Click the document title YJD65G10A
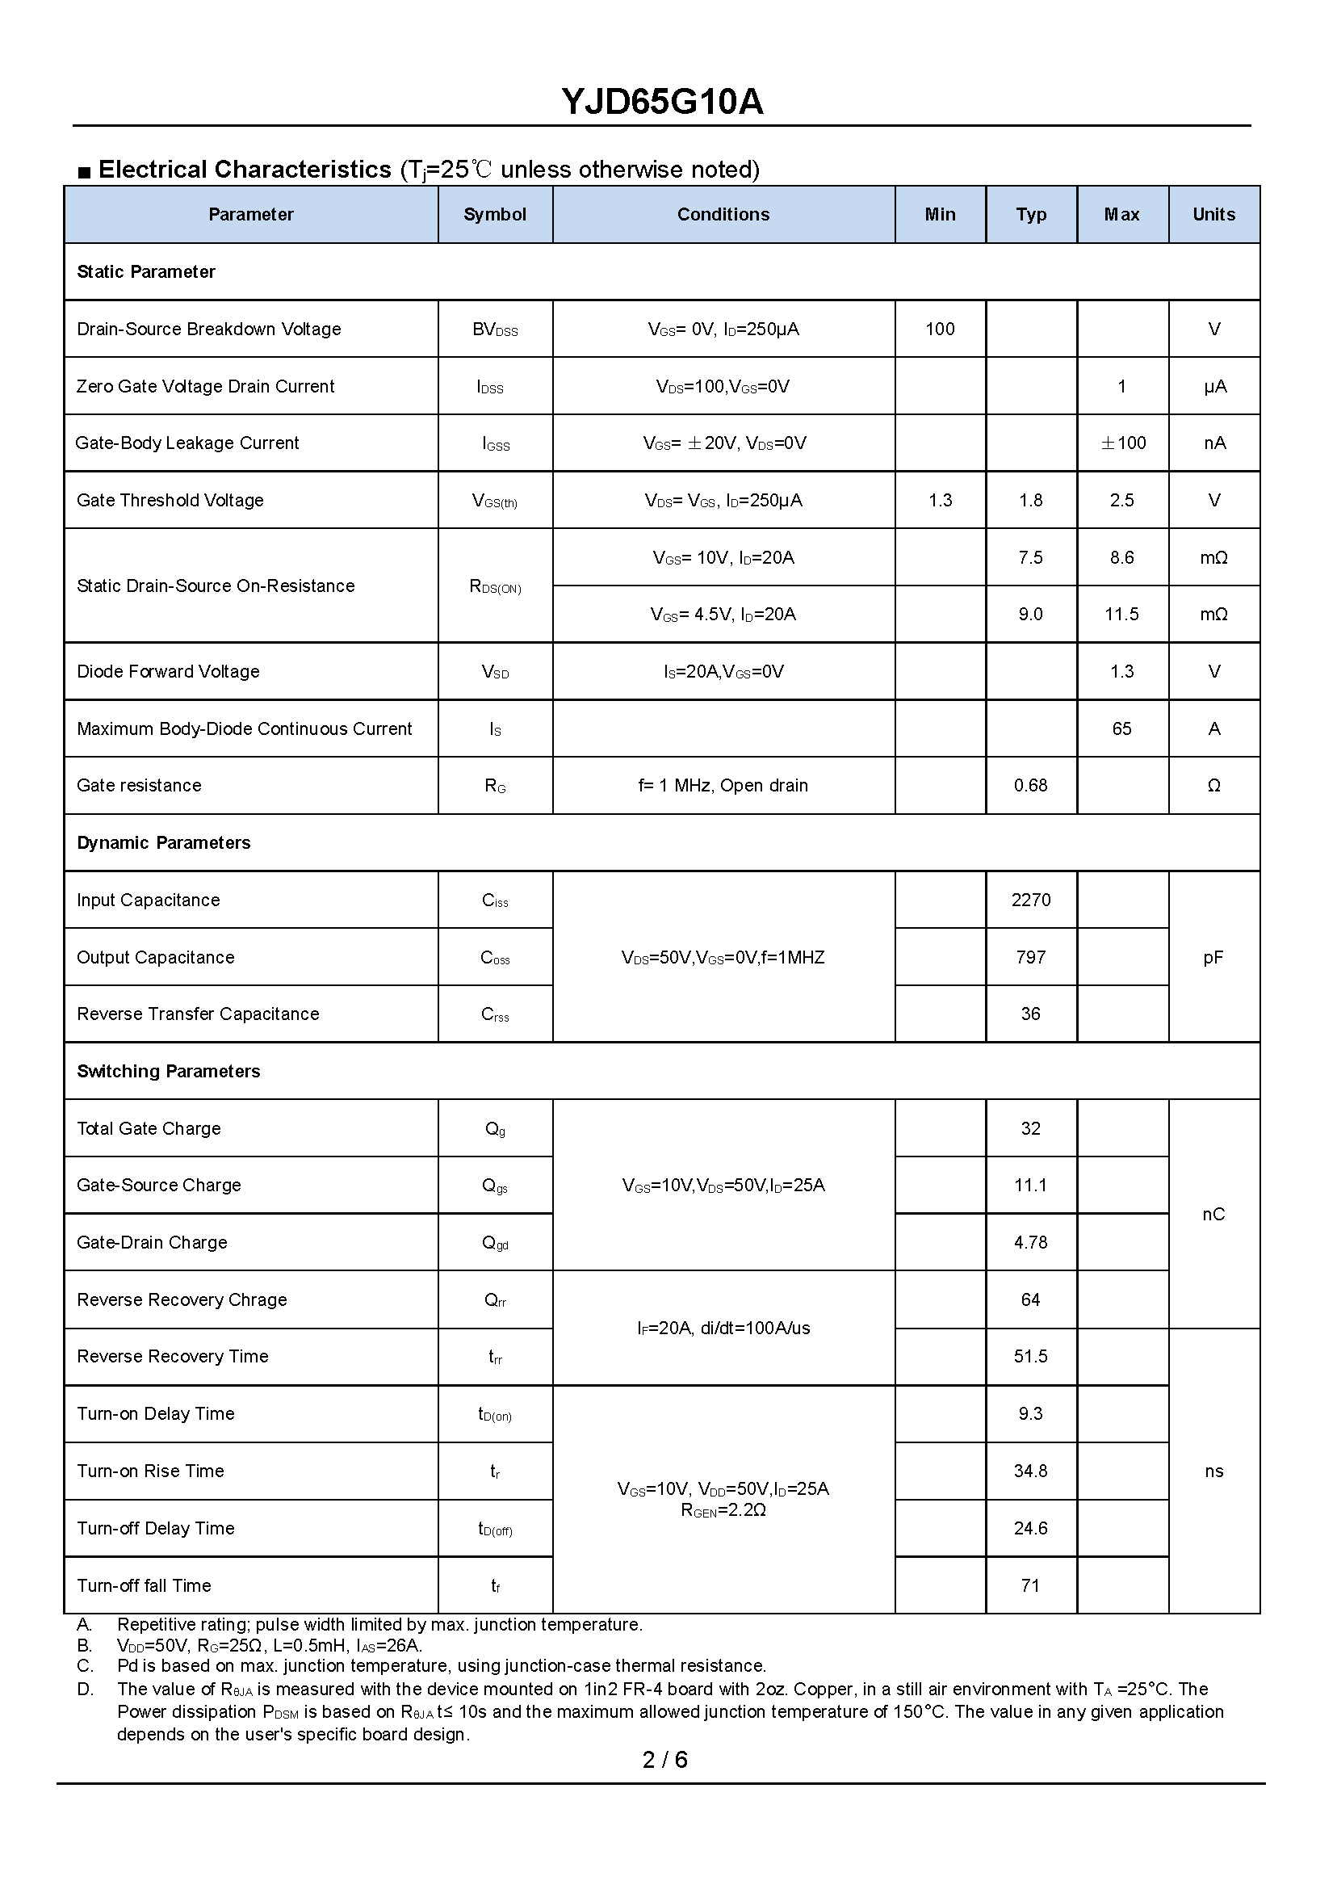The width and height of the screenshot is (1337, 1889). coord(662,102)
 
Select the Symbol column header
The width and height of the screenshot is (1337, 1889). coord(495,215)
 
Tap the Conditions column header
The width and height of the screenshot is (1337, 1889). coord(723,215)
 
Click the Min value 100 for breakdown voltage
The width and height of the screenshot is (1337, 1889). coord(939,330)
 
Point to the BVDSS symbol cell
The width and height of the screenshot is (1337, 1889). coord(495,330)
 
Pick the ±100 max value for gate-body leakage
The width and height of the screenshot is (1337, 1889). coord(1123,443)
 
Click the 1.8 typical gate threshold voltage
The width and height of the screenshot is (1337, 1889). coord(1031,501)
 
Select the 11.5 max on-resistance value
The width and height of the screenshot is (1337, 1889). coord(1121,615)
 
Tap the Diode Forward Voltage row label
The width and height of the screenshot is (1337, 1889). coord(168,672)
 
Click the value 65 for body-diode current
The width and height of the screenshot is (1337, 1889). coord(1121,728)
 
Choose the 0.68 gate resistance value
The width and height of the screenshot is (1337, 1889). coord(1031,786)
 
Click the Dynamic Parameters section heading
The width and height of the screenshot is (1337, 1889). coord(163,843)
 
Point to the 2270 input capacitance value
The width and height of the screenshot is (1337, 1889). coord(1031,900)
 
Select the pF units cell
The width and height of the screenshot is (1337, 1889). coord(1213,958)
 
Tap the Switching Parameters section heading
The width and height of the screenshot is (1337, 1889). coord(168,1072)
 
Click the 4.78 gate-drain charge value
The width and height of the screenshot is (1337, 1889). coord(1031,1243)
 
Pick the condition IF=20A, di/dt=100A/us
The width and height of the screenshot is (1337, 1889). coord(723,1329)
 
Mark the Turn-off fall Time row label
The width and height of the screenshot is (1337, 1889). coord(143,1586)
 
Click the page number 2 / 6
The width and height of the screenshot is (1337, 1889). coord(664,1760)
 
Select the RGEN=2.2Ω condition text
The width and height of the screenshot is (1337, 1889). coord(723,1510)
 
